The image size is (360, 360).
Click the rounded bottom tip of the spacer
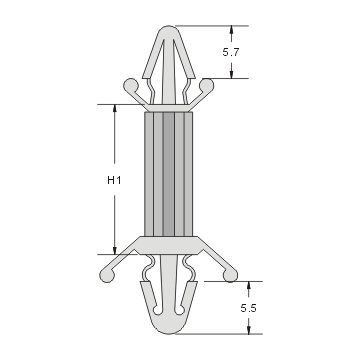coord(166,331)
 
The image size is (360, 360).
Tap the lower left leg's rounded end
coord(105,270)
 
